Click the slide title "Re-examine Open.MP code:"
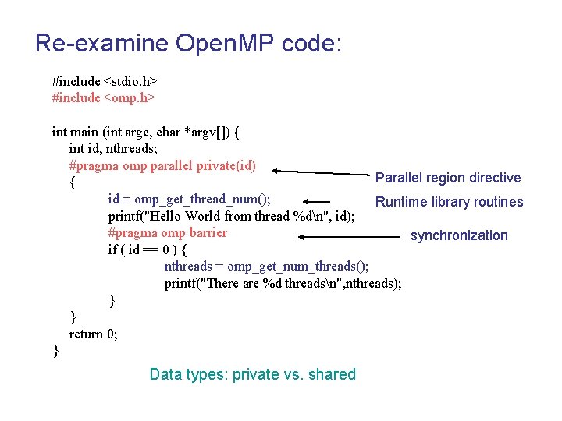click(x=188, y=43)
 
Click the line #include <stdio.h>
click(x=105, y=80)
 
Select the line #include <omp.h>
click(x=103, y=97)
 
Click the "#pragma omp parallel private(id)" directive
click(x=162, y=165)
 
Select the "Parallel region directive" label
click(x=448, y=178)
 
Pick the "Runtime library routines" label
click(x=449, y=202)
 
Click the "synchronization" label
click(x=459, y=235)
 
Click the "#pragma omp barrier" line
click(x=167, y=232)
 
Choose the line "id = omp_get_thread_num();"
click(x=190, y=199)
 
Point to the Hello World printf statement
click(x=232, y=216)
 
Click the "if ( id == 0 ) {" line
click(x=153, y=249)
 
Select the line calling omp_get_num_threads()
click(x=266, y=267)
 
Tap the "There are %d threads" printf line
click(x=283, y=283)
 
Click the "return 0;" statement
click(x=94, y=334)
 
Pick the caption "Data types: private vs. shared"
click(x=252, y=374)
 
